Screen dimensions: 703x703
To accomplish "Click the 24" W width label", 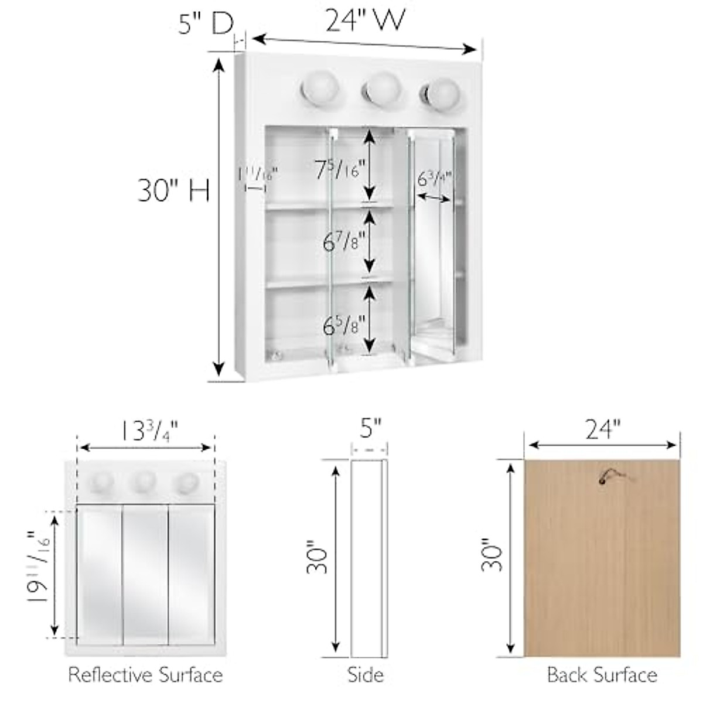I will [365, 21].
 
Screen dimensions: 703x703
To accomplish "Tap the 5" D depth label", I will [206, 24].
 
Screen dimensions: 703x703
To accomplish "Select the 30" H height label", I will [173, 190].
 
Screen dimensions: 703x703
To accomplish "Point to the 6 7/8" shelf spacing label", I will [344, 241].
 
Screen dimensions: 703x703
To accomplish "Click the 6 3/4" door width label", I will [434, 178].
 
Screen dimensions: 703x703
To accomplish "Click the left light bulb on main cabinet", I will [318, 90].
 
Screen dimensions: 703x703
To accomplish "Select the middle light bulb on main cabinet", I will [382, 88].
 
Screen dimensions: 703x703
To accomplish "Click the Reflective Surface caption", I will [145, 675].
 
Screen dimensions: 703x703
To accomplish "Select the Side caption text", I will [366, 675].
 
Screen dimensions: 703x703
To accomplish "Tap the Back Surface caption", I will [602, 675].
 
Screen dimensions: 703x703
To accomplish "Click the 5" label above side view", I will [370, 429].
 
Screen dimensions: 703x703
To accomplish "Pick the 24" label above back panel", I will [602, 429].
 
